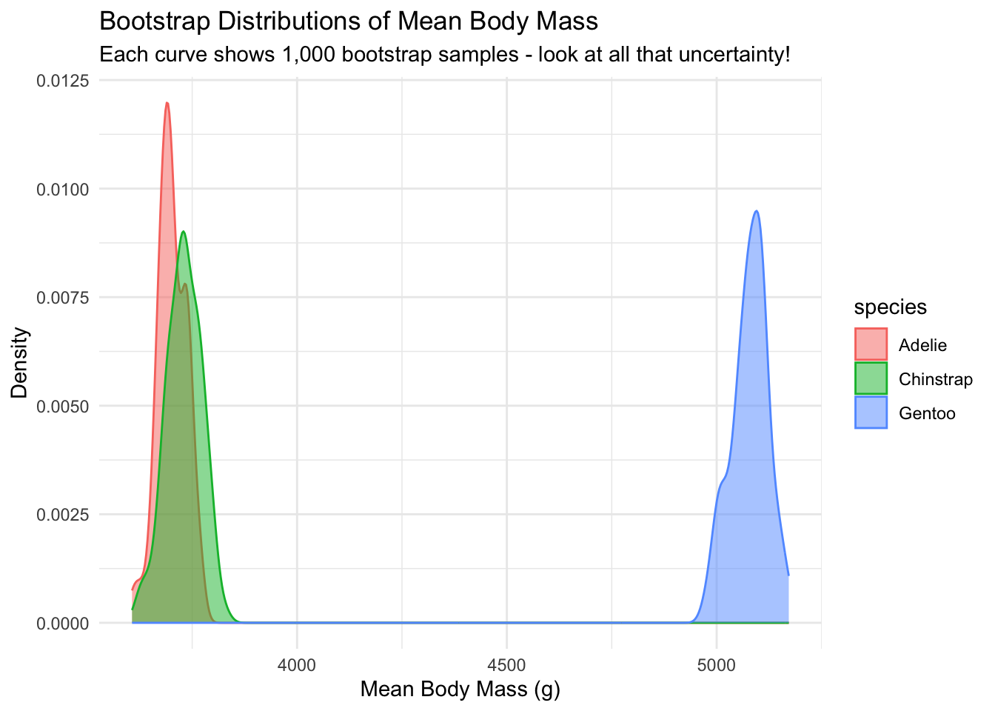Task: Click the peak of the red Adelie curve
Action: click(167, 103)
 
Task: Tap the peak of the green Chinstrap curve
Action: click(183, 232)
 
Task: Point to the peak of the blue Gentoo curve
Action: click(756, 211)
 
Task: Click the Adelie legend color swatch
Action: click(871, 344)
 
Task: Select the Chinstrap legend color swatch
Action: click(871, 378)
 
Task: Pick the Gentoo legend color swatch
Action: click(871, 413)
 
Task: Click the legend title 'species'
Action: click(891, 307)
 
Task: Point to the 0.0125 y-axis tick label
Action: click(63, 81)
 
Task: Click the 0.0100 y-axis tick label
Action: click(63, 190)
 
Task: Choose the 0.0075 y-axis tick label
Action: click(63, 298)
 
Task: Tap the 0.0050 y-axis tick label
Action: click(63, 407)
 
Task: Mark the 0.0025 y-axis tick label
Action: click(63, 515)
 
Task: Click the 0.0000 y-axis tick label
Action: click(63, 624)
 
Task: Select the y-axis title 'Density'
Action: click(20, 363)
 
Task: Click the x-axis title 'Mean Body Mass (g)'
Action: click(460, 690)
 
